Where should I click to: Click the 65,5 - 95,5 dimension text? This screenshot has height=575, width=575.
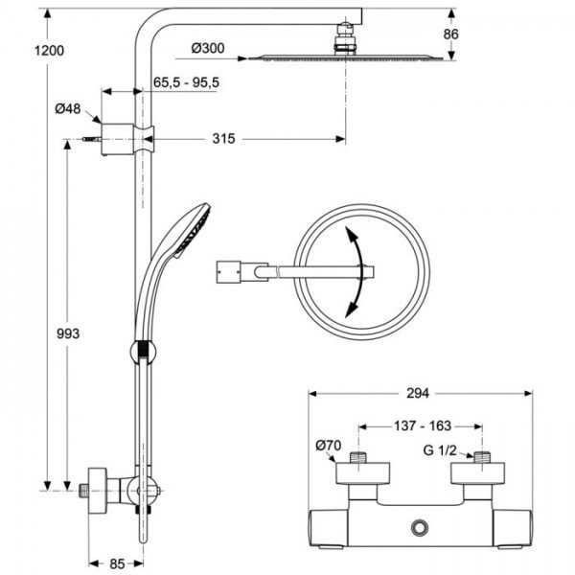[187, 83]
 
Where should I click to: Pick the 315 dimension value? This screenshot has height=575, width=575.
[223, 139]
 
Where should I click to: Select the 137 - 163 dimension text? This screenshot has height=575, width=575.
[420, 425]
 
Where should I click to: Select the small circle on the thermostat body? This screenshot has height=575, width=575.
[418, 528]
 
